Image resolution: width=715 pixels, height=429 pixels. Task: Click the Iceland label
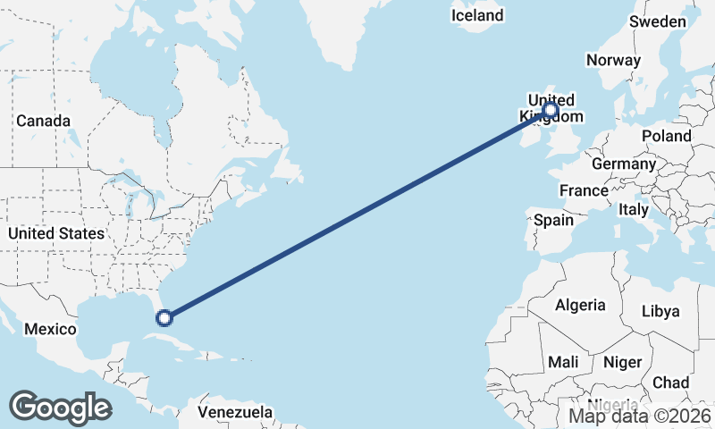[477, 15]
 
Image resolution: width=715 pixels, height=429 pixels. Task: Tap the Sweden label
[658, 21]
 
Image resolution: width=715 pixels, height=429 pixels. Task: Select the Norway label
[613, 61]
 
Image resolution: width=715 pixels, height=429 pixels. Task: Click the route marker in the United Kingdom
[551, 111]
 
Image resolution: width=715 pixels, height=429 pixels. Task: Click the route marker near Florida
[164, 316]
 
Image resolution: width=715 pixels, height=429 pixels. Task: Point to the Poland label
[666, 136]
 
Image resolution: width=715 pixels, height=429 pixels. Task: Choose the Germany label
[623, 164]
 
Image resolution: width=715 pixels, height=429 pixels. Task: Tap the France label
[584, 190]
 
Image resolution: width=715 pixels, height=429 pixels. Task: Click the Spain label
[553, 220]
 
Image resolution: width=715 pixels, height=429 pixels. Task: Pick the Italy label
[634, 209]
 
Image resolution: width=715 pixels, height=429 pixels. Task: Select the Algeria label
[580, 305]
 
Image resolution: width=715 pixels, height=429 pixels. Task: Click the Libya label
[661, 311]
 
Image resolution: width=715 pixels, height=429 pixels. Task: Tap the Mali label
[563, 362]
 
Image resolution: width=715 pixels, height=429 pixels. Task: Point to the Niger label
[623, 362]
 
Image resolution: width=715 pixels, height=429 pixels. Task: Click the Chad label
[670, 383]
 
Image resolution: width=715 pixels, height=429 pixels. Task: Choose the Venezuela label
[235, 412]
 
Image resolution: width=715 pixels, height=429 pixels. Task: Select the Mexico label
[50, 329]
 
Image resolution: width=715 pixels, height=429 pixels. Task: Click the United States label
[55, 233]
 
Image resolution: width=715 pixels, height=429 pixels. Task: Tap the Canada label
[43, 121]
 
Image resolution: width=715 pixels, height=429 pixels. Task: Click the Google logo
[61, 408]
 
